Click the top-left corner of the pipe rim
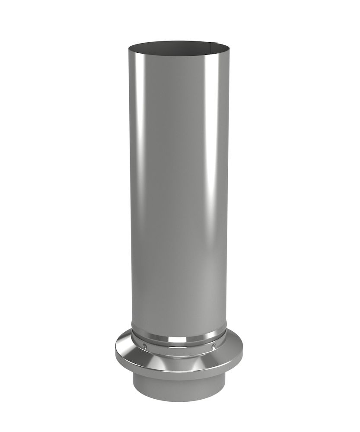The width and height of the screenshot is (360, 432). pyautogui.click(x=128, y=48)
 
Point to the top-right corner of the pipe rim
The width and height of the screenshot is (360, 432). pyautogui.click(x=229, y=48)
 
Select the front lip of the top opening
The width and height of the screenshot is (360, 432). pyautogui.click(x=179, y=54)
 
